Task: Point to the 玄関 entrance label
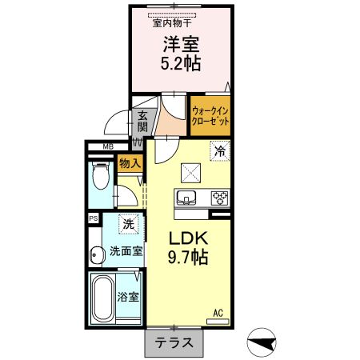[x=142, y=120]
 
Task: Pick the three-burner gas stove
[x=219, y=198]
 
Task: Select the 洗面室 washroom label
[x=126, y=250]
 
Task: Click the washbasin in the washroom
[x=96, y=255]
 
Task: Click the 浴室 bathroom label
[x=129, y=296]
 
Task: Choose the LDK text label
[x=189, y=239]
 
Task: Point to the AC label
[x=218, y=313]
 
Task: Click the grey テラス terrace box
[x=174, y=342]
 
